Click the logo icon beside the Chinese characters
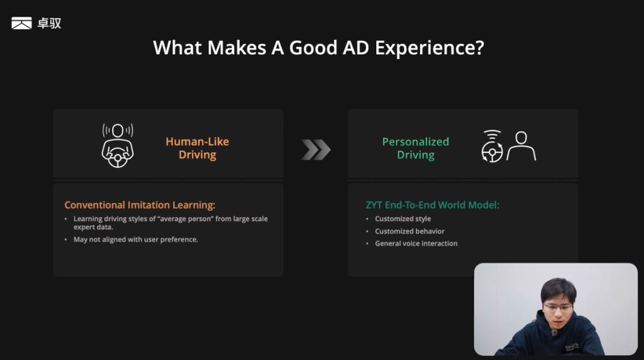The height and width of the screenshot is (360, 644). pos(21,23)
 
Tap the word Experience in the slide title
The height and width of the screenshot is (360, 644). pos(429,48)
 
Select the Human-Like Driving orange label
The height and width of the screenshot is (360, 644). pos(197,148)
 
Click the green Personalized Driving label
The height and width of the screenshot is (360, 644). pos(415,148)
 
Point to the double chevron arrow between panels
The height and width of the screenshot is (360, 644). pos(316,150)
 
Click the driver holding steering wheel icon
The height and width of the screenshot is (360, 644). pos(117,145)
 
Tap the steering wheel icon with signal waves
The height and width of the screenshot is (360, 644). pos(492,146)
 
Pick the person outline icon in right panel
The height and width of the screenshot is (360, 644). pos(521,145)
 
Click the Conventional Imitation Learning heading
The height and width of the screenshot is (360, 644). pos(140,205)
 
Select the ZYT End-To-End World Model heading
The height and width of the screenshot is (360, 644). pos(432,205)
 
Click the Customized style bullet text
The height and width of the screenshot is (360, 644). pos(403,219)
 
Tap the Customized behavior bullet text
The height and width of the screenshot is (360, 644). pos(410,231)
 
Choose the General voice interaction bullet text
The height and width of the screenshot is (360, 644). pos(416,243)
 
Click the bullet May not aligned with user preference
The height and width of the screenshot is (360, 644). pos(135,240)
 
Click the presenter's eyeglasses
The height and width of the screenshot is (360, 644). pos(557,306)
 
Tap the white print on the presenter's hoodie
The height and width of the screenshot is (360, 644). pos(572,347)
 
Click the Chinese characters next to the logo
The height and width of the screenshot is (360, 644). pos(49,23)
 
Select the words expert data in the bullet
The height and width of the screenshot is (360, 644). pos(93,227)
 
